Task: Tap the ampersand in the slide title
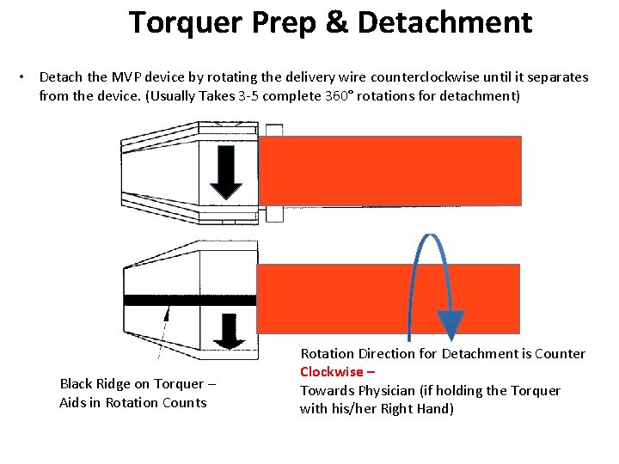click(336, 23)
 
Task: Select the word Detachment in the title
click(444, 23)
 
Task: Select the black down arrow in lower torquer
click(228, 330)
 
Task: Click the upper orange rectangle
click(390, 170)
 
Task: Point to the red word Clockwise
click(332, 372)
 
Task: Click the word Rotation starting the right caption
click(326, 354)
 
